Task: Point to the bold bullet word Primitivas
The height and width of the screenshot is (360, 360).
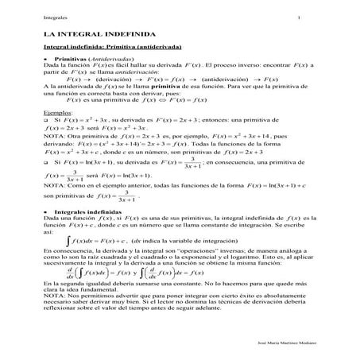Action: point(72,59)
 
